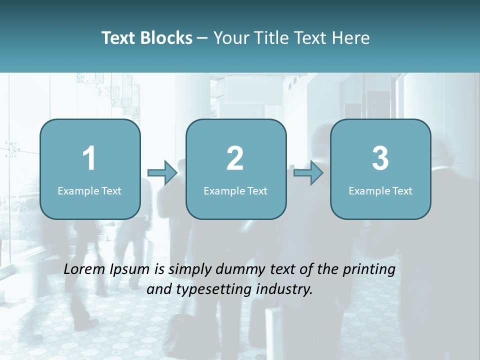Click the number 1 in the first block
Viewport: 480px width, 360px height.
click(x=89, y=158)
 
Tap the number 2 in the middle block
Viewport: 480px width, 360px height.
click(x=235, y=158)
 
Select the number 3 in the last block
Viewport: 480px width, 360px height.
click(x=380, y=158)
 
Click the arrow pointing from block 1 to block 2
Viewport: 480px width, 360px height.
click(x=162, y=172)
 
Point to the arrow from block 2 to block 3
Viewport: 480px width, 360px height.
click(x=308, y=172)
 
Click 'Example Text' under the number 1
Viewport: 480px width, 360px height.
click(x=89, y=190)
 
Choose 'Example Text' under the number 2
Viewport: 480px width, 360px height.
click(x=235, y=190)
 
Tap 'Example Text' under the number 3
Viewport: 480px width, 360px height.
click(x=380, y=190)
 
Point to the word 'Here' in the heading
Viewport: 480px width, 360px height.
click(x=352, y=38)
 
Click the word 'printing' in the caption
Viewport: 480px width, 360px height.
click(x=369, y=270)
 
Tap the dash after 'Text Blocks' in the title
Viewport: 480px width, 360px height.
click(x=202, y=38)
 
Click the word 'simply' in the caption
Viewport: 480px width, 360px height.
click(x=189, y=270)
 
